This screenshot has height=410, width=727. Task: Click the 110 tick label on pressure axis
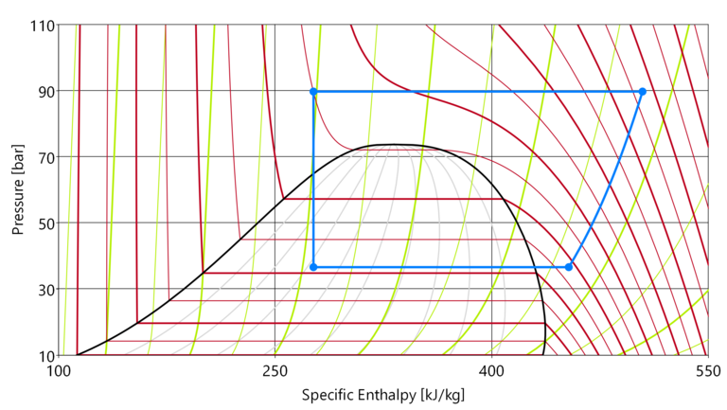point(43,25)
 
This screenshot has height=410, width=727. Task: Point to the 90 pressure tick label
point(45,91)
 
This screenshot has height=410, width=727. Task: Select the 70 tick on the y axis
point(45,157)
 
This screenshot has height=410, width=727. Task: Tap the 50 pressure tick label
point(45,223)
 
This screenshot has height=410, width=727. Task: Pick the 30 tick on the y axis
point(45,289)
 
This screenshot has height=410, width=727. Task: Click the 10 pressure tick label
point(45,355)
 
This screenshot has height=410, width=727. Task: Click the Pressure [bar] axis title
point(17,190)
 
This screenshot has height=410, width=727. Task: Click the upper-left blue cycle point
point(313,92)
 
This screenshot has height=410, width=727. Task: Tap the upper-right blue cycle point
point(642,92)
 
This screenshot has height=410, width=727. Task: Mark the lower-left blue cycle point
point(313,267)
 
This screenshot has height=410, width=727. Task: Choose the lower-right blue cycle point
point(569,267)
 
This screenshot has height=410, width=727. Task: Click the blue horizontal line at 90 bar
point(473,92)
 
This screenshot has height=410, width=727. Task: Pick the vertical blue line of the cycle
point(313,180)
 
